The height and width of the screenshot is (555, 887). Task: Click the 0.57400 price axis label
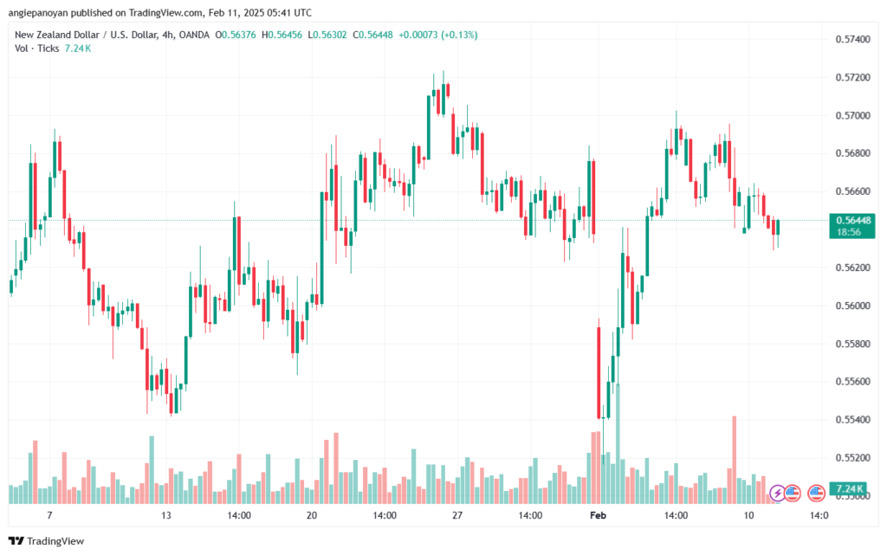coord(853,40)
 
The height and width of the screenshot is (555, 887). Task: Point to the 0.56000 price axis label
coord(853,306)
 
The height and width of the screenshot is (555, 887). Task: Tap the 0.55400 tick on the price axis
coord(853,420)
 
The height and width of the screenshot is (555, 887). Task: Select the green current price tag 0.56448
coord(853,220)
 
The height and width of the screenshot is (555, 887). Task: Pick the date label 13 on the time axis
coord(166,515)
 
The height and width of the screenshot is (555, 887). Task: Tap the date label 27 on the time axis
coord(457,515)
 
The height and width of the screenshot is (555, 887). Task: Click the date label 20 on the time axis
coord(312,515)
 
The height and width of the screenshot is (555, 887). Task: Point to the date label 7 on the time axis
coord(49,515)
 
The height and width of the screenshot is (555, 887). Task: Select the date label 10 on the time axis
coord(748,515)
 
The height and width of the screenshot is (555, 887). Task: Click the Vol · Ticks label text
coord(36,48)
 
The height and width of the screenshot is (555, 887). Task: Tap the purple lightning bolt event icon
coord(777,493)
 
